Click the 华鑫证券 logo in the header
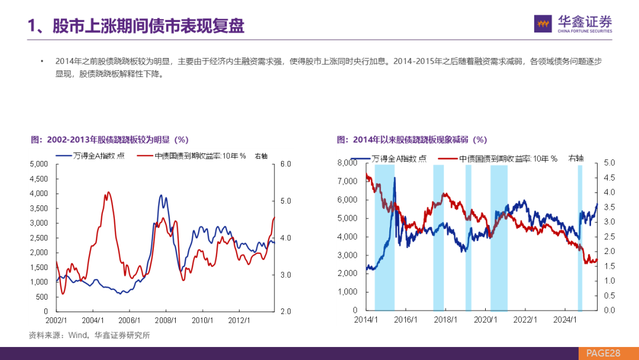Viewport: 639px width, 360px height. point(573,24)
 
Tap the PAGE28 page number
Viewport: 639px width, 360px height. point(603,353)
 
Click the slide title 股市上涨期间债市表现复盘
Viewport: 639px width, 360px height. point(136,26)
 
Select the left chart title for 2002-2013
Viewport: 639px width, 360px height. point(109,140)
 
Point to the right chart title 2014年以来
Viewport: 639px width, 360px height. point(412,140)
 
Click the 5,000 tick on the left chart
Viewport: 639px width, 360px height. point(40,163)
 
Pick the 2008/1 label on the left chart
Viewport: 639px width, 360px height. point(166,320)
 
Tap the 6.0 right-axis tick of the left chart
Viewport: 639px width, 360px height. point(285,163)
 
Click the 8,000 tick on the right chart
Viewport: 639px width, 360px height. point(348,163)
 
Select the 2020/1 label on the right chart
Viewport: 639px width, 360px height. point(485,320)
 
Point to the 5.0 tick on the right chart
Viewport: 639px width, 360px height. point(609,163)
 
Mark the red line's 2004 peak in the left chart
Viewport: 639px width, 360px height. point(108,192)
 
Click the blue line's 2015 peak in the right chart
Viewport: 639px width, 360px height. point(394,178)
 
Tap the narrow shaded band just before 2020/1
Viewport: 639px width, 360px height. point(469,237)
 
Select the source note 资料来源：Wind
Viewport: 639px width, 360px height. point(89,335)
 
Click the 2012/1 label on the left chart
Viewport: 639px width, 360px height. point(239,320)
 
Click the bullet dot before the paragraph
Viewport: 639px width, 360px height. point(42,62)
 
